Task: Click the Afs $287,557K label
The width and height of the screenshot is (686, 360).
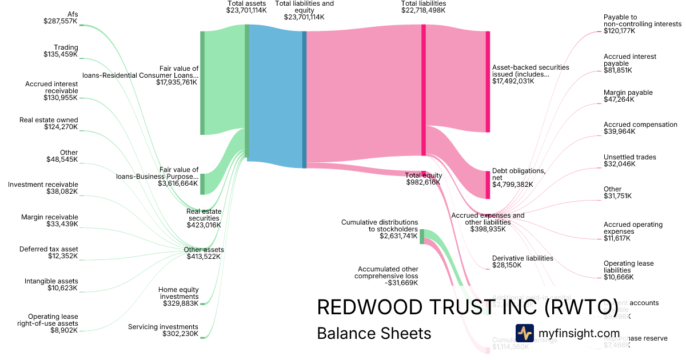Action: coord(61,17)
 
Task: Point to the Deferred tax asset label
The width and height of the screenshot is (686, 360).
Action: coord(49,253)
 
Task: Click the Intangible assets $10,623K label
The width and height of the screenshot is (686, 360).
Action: coord(51,285)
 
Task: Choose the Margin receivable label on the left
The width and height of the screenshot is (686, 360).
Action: coord(49,221)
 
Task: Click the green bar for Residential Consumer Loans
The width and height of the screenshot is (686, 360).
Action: coord(202,83)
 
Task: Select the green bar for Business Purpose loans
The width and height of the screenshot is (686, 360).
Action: coord(202,183)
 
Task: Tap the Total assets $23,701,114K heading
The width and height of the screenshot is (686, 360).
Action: coord(246,7)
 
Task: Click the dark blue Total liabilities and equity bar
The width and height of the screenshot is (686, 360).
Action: coord(305,99)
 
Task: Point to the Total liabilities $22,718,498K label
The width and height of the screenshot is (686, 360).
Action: coord(424,7)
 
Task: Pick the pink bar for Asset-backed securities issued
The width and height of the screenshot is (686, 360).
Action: coord(488,82)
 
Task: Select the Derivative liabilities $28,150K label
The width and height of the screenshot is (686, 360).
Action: coord(523,262)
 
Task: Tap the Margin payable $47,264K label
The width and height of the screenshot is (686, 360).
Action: coord(628,96)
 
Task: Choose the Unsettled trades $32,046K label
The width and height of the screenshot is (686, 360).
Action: coord(630,161)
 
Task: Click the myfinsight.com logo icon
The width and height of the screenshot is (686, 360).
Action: coord(524,333)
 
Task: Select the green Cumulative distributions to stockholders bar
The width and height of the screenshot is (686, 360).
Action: coord(422,236)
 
